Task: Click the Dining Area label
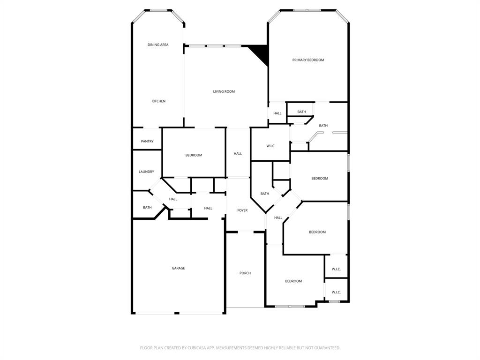(158, 45)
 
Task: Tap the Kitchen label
(158, 101)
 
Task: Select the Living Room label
(224, 91)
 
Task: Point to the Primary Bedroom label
(308, 60)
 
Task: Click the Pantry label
(147, 142)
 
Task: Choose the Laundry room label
(146, 172)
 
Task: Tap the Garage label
(178, 268)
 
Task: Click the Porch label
(245, 273)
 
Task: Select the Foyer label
(242, 210)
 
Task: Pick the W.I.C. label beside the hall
(271, 146)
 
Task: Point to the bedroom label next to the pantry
(194, 155)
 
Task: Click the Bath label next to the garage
(147, 208)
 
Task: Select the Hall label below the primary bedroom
(277, 113)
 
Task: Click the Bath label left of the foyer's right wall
(265, 194)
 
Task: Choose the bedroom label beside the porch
(293, 281)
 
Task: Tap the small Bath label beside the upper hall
(301, 112)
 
